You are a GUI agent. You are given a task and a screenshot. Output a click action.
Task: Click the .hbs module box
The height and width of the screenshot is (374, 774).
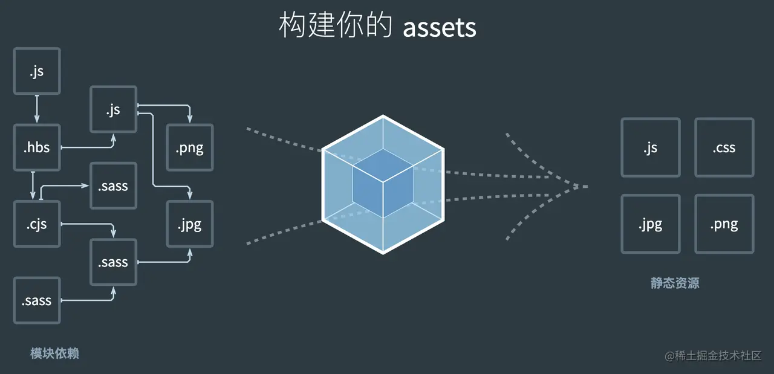click(x=37, y=147)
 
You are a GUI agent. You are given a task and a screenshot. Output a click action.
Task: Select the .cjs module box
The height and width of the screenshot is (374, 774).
click(x=37, y=224)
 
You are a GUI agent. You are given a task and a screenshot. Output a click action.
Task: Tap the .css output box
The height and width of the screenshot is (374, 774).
click(x=724, y=147)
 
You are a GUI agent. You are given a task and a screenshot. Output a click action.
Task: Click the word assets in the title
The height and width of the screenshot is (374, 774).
click(x=440, y=27)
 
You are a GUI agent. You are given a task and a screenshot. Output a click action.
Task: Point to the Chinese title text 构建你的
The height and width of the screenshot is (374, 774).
click(x=336, y=26)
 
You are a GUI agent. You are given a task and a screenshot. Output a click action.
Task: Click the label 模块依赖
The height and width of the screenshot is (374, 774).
click(x=54, y=353)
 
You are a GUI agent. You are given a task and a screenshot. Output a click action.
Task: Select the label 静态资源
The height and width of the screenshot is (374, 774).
click(x=675, y=283)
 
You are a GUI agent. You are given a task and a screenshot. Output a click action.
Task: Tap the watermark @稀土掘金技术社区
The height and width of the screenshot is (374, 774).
click(x=713, y=356)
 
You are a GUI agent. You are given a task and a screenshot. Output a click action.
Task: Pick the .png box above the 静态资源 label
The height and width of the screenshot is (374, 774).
click(x=724, y=224)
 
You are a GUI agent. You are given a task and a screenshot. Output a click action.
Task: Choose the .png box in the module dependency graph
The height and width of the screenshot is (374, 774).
click(x=189, y=147)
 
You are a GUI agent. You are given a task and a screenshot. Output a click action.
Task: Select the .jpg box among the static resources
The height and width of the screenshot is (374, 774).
click(x=650, y=224)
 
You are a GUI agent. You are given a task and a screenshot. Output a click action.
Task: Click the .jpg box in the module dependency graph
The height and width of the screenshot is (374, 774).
click(x=189, y=224)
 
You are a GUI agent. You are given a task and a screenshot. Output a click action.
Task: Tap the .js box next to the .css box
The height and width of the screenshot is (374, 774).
click(x=650, y=147)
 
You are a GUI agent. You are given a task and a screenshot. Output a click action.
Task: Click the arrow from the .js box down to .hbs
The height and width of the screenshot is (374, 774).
click(x=37, y=109)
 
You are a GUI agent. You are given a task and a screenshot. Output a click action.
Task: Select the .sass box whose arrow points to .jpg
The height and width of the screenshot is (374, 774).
click(x=113, y=262)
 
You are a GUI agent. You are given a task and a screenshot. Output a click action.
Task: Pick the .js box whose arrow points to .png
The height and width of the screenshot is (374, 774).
click(x=113, y=109)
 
